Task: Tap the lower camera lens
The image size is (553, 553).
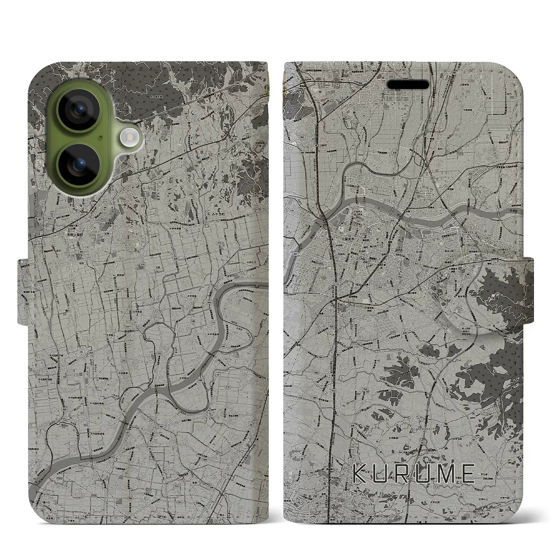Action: point(79,164)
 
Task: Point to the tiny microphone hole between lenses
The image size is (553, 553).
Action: point(100,138)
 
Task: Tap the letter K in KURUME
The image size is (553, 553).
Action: point(359,473)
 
